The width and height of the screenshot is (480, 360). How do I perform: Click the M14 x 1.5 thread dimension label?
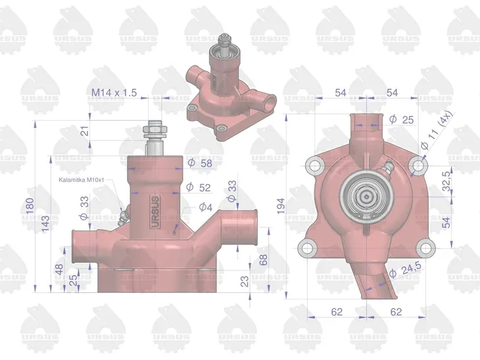pyautogui.click(x=114, y=93)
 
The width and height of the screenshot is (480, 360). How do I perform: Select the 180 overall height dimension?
pyautogui.click(x=28, y=208)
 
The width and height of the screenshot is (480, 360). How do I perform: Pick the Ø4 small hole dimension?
pyautogui.click(x=206, y=207)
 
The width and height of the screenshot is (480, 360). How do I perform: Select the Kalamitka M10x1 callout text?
pyautogui.click(x=82, y=180)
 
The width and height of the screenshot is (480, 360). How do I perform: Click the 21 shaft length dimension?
pyautogui.click(x=84, y=131)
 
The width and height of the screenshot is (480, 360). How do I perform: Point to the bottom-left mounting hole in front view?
pyautogui.click(x=304, y=248)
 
